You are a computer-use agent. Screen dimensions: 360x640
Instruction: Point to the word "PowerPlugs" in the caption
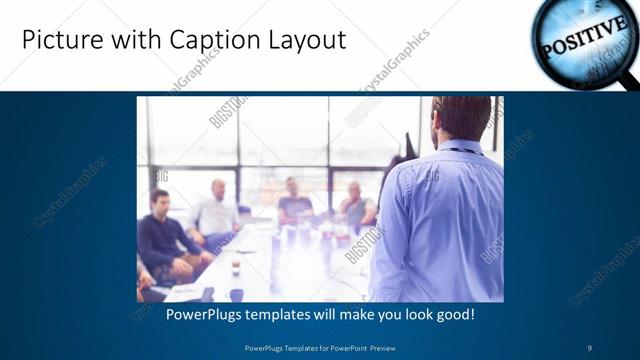(181, 314)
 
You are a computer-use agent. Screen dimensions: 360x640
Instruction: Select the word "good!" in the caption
(452, 314)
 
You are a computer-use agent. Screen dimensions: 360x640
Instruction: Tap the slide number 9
(589, 347)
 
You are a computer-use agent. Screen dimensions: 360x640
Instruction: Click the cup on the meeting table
(235, 267)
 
